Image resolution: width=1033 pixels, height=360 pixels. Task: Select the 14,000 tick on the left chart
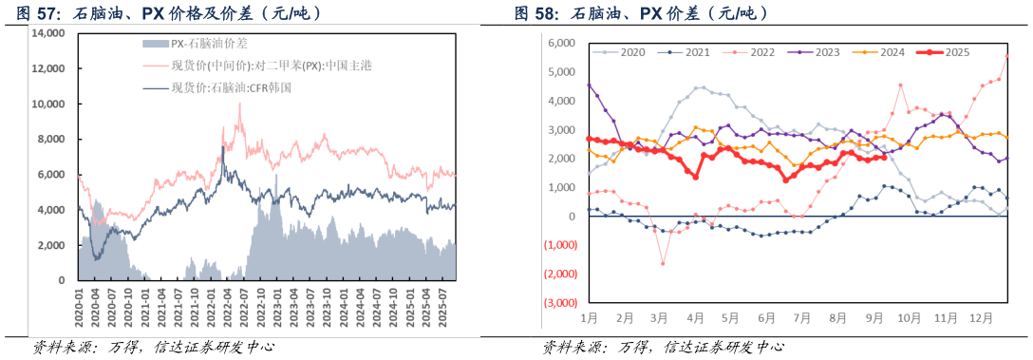point(47,33)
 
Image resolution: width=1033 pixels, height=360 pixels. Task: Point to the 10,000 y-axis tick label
point(47,104)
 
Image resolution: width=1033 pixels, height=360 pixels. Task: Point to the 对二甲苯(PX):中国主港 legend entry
point(250,66)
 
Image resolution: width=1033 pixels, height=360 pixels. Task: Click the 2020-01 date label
point(79,306)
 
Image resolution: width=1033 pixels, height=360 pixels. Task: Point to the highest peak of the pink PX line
point(239,104)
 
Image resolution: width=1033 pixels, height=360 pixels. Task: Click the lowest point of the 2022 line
point(662,263)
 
